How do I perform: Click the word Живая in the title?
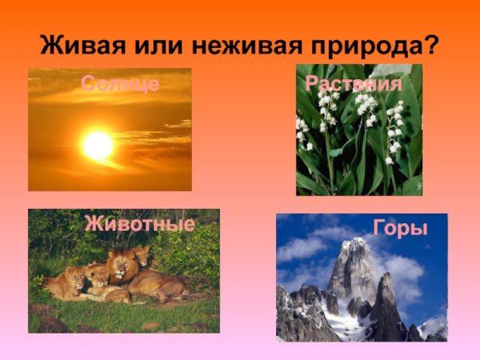(x=78, y=43)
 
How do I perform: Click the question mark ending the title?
(x=432, y=43)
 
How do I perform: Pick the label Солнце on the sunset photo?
(x=119, y=84)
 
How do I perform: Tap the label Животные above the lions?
(x=139, y=224)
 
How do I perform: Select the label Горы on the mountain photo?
(x=400, y=229)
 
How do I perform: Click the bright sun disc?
(x=98, y=145)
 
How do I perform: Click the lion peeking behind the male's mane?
(x=142, y=255)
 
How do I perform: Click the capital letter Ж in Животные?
(x=93, y=224)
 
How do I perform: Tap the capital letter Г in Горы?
(x=379, y=229)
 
